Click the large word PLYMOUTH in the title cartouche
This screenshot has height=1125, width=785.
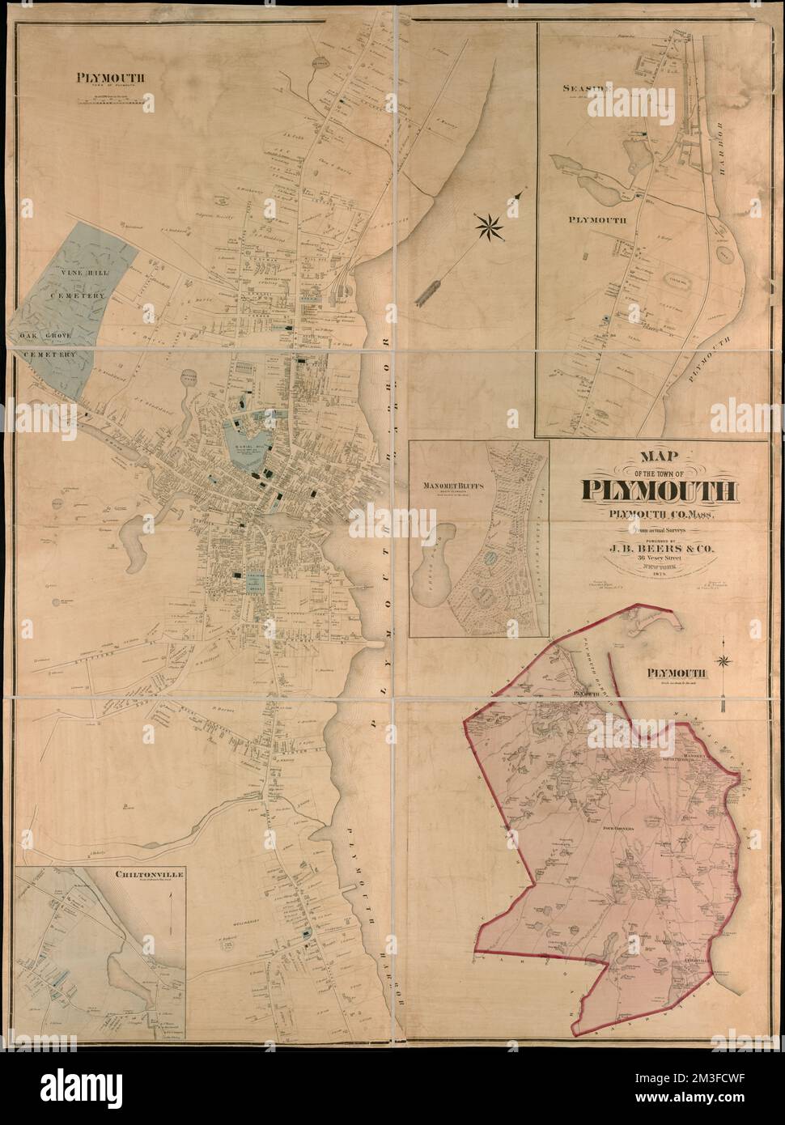pos(658,490)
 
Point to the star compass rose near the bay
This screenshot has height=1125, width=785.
pos(489,226)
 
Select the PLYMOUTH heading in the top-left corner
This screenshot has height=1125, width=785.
pos(111,79)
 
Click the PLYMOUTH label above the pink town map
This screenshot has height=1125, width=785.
pos(677,672)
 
